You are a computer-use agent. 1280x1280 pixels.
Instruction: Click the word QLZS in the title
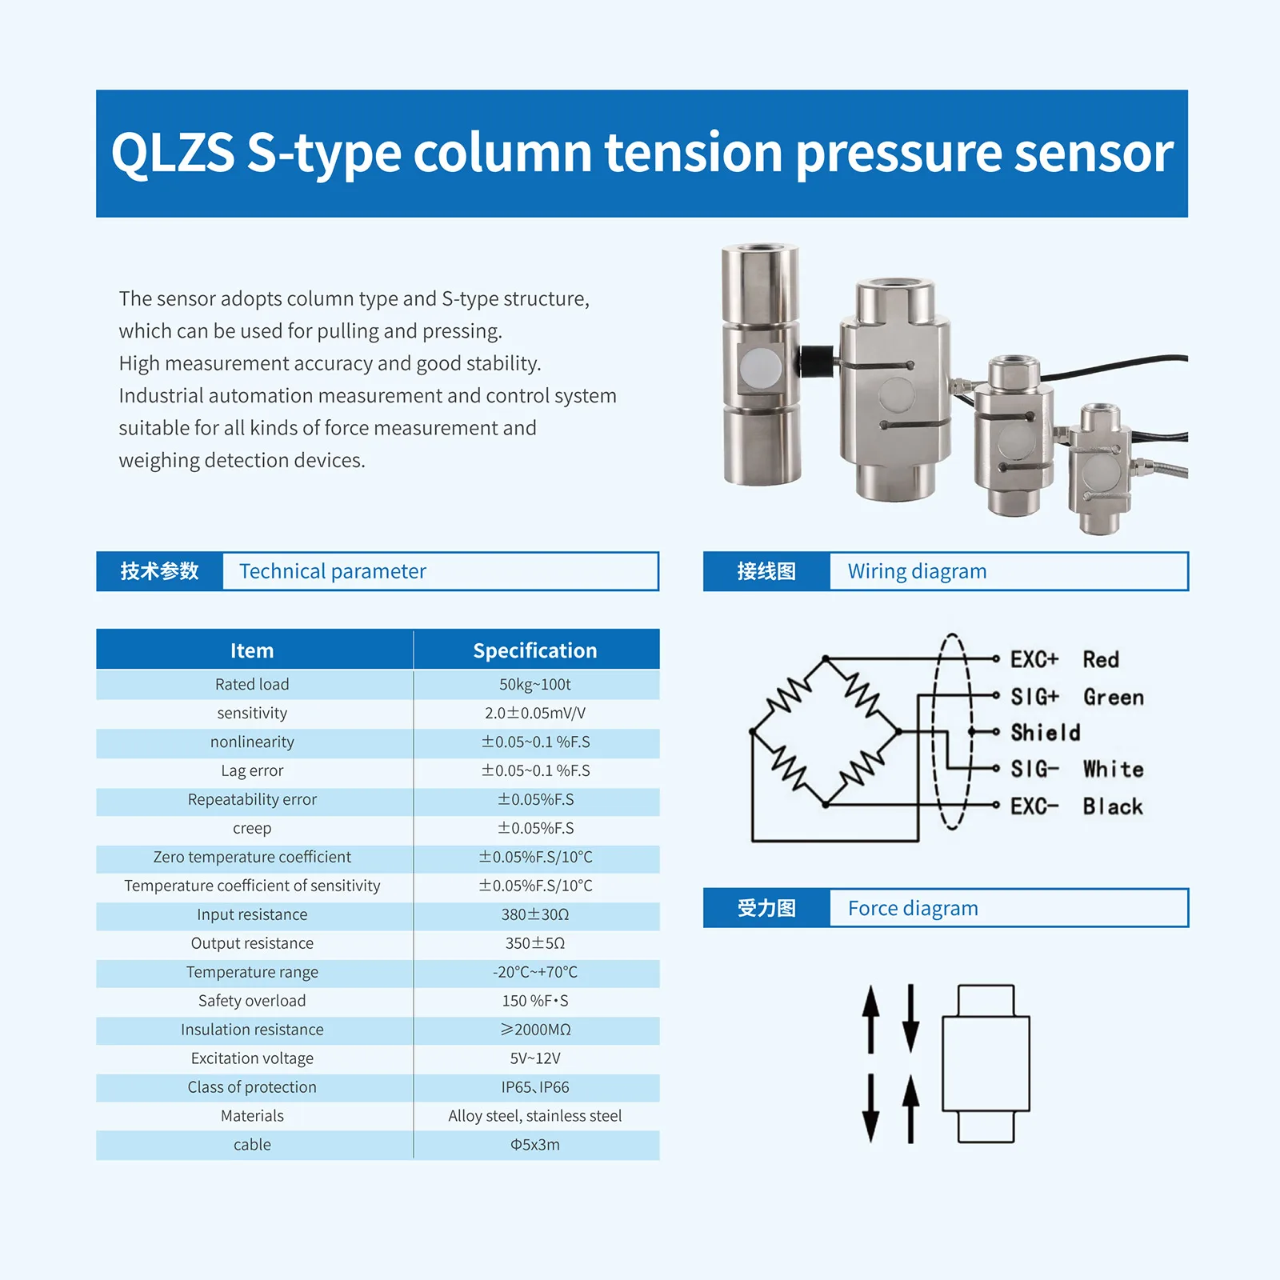pos(173,153)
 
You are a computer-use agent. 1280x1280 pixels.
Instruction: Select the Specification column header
pos(534,650)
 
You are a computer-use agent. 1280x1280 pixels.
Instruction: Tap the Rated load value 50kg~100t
pos(534,685)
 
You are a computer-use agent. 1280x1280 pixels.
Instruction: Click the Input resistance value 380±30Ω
pos(534,914)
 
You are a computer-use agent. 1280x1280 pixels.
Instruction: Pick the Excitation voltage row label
pos(252,1058)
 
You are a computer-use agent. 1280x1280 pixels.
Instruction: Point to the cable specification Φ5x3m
pos(534,1145)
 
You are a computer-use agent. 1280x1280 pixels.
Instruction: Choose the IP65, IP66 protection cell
pos(534,1087)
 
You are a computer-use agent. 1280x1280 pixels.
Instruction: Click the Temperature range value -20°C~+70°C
pos(534,972)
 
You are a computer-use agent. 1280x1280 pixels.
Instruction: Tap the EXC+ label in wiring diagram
pos(1034,660)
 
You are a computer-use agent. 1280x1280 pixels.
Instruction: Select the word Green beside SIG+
pos(1113,698)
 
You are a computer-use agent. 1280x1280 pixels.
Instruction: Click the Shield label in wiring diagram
pos(1045,733)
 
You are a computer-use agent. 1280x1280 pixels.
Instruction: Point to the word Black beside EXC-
pos(1112,806)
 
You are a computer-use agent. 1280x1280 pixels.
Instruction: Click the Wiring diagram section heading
pos(917,571)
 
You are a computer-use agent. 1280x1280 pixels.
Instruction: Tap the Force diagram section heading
pos(913,909)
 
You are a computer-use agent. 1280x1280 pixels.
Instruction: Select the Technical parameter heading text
pos(332,571)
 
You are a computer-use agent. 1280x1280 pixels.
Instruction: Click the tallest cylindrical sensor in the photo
pos(760,364)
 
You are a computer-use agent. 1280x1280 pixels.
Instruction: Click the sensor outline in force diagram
pos(986,1063)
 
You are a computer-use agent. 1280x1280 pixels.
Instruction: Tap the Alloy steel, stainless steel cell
pos(534,1116)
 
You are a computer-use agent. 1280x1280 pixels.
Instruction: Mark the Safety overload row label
pos(252,1001)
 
